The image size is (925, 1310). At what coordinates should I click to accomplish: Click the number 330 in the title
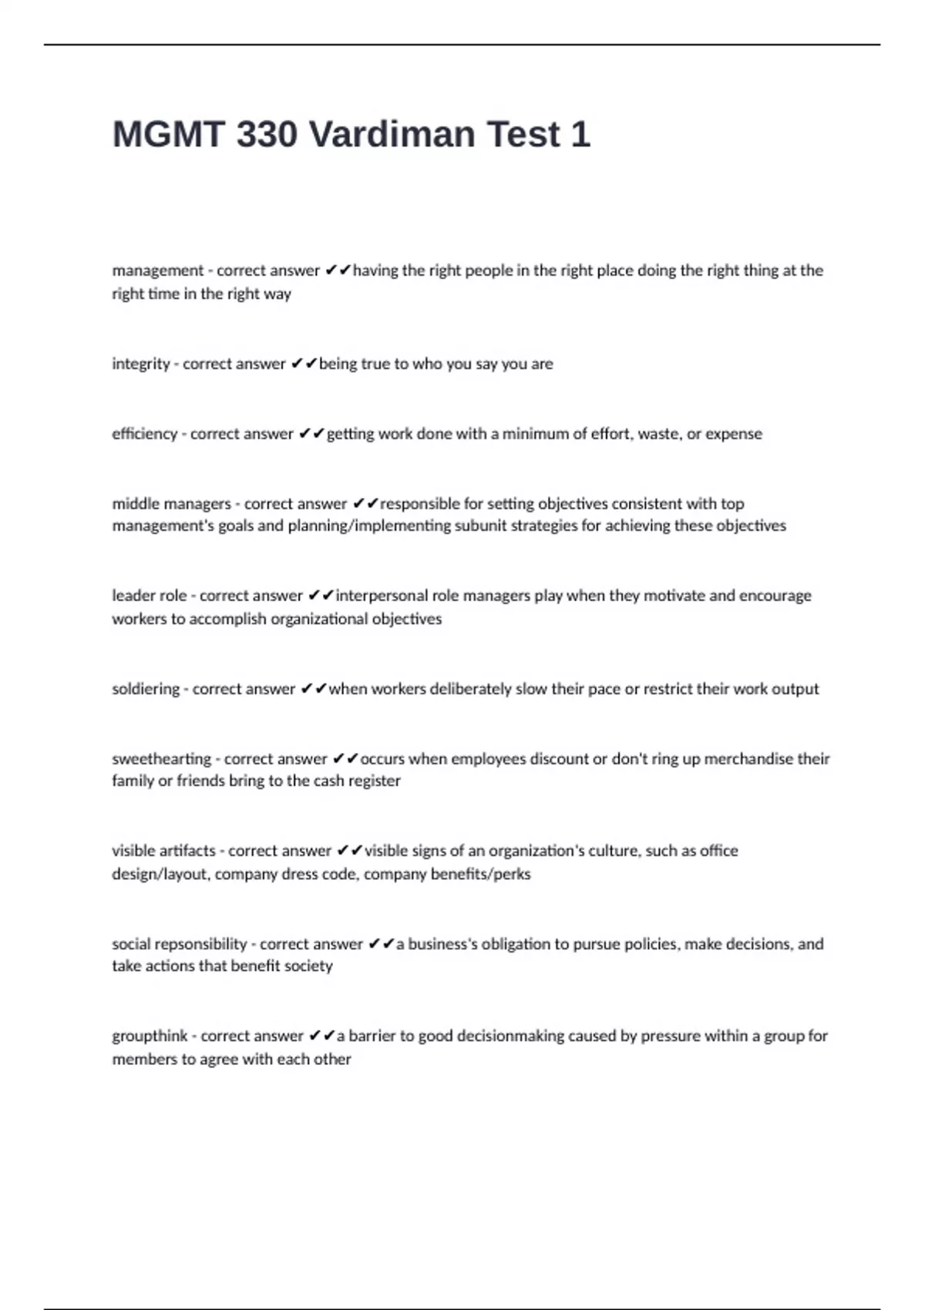point(267,135)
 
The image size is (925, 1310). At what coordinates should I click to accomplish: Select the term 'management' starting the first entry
point(158,270)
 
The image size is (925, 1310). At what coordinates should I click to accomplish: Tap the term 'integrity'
point(141,364)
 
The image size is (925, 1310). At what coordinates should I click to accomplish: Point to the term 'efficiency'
point(145,434)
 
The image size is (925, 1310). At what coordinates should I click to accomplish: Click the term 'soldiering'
point(146,689)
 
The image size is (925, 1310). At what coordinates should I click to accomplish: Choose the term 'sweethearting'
point(162,759)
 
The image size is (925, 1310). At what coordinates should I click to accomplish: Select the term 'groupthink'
point(150,1036)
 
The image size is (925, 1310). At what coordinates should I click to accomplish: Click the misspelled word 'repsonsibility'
point(200,944)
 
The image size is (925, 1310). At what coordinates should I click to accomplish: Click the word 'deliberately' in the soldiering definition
point(470,689)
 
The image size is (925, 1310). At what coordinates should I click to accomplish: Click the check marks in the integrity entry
point(304,364)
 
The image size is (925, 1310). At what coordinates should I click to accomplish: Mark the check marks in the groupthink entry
point(322,1036)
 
